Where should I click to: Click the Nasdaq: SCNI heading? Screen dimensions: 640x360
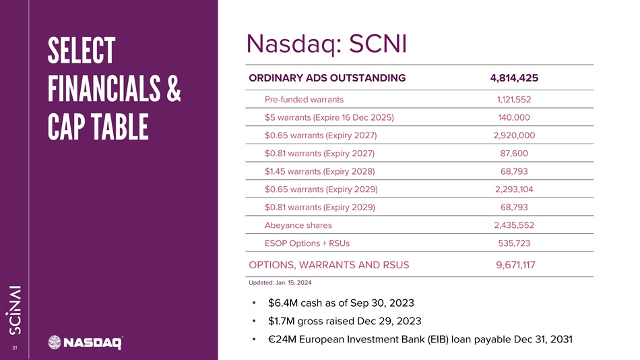pyautogui.click(x=327, y=44)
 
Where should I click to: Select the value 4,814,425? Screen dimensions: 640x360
pyautogui.click(x=514, y=78)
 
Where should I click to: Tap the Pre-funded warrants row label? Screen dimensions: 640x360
pyautogui.click(x=304, y=100)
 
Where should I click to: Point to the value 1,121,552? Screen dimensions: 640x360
pyautogui.click(x=514, y=100)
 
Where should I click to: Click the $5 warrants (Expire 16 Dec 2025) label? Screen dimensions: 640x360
pyautogui.click(x=329, y=118)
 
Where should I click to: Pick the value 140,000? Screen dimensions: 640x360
pyautogui.click(x=514, y=118)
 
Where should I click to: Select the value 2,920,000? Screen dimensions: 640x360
pyautogui.click(x=514, y=136)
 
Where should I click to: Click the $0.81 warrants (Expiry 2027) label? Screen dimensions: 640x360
pyautogui.click(x=319, y=154)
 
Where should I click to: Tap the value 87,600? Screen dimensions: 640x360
pyautogui.click(x=514, y=154)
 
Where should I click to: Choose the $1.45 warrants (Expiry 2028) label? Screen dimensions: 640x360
pyautogui.click(x=319, y=172)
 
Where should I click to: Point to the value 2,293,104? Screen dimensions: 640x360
pyautogui.click(x=514, y=189)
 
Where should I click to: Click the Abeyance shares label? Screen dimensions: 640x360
pyautogui.click(x=298, y=226)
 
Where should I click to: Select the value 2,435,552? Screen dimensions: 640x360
pyautogui.click(x=514, y=226)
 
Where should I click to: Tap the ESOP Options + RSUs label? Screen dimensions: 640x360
pyautogui.click(x=307, y=243)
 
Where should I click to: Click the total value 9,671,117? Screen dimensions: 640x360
pyautogui.click(x=515, y=265)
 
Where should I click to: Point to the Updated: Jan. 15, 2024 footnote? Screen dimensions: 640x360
pyautogui.click(x=280, y=282)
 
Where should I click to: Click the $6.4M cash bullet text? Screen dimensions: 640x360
pyautogui.click(x=341, y=303)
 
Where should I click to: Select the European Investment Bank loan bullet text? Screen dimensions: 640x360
pyautogui.click(x=420, y=340)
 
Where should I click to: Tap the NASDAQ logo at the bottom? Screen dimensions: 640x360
pyautogui.click(x=86, y=342)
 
